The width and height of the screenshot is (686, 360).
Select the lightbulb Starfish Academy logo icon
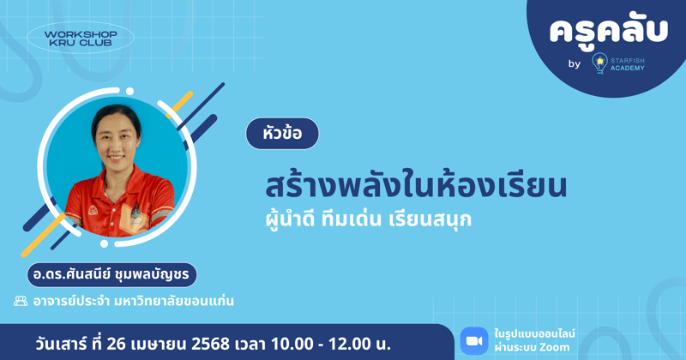[x=600, y=63]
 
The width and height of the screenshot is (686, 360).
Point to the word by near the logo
[x=574, y=64]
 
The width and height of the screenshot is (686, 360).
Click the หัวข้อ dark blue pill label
[x=282, y=135]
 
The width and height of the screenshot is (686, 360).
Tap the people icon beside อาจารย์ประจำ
[x=21, y=302]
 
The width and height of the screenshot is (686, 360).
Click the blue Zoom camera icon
[x=473, y=340]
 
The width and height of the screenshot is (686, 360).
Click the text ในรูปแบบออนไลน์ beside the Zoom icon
[x=535, y=333]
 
